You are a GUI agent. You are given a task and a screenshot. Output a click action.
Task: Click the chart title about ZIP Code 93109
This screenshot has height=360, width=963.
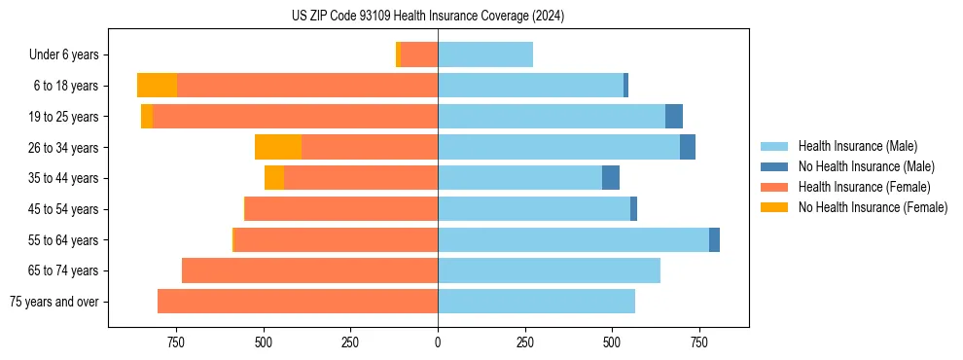click(x=428, y=16)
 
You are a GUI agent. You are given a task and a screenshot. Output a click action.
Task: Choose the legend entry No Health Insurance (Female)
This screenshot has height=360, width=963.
click(x=873, y=207)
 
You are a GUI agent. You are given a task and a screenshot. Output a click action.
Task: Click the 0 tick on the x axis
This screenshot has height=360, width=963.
click(x=438, y=342)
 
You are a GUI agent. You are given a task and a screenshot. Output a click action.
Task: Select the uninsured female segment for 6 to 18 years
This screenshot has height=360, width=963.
click(x=157, y=86)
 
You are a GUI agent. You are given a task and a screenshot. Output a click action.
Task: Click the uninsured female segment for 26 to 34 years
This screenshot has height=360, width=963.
click(x=278, y=147)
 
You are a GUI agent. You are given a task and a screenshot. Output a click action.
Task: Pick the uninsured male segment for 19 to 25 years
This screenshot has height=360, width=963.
click(x=674, y=116)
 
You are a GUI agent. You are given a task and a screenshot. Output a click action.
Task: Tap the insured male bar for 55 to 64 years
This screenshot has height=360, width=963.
click(x=573, y=239)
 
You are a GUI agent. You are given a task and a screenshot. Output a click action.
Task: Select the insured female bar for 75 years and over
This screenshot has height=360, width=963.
click(x=298, y=302)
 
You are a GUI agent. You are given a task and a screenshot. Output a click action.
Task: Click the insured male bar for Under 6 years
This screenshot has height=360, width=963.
click(x=485, y=54)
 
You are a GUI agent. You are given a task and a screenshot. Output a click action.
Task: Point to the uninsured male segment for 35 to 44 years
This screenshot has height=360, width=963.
click(x=611, y=178)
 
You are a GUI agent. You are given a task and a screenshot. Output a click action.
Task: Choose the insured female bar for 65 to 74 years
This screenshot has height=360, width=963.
click(x=309, y=270)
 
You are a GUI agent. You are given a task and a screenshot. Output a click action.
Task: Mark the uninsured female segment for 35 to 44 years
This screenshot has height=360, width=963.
click(x=274, y=178)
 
